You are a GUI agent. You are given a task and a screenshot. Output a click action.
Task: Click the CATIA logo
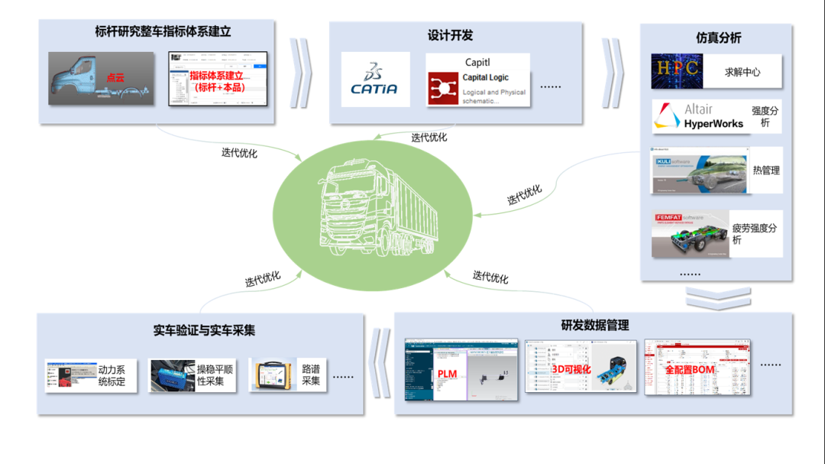(374, 80)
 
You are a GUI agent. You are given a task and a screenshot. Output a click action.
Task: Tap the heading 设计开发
(450, 35)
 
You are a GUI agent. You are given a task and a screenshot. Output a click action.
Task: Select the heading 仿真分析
(718, 37)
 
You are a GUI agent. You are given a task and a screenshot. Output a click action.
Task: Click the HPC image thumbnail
(677, 72)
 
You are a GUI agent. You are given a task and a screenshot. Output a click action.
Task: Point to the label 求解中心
(742, 73)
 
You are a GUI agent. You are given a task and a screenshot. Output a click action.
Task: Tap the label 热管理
(765, 170)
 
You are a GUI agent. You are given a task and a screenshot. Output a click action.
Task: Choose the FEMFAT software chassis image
(689, 234)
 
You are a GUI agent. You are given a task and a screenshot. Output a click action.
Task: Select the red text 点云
(115, 77)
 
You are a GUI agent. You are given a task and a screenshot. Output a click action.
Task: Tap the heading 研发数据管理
(595, 325)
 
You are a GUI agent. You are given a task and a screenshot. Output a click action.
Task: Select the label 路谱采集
(310, 375)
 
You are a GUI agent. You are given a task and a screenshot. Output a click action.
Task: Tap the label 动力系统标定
(112, 375)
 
